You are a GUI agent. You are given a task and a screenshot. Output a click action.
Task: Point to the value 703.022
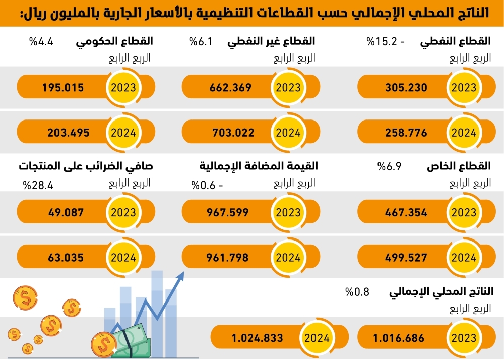click(x=231, y=133)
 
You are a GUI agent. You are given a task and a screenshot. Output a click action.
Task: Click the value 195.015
click(x=63, y=88)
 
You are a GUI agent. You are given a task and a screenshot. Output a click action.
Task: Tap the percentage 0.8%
click(x=357, y=291)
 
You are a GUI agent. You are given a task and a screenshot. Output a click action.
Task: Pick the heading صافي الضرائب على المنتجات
click(x=86, y=166)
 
